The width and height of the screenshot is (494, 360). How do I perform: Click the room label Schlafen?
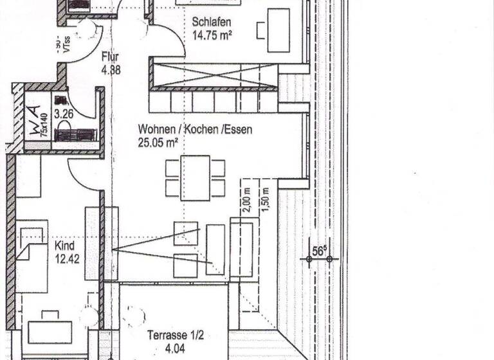coord(212,22)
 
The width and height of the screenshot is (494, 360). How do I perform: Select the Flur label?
coord(110,56)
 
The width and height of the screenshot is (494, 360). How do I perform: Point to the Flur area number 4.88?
coord(111,70)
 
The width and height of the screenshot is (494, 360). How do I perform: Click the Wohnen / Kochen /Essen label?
coord(195,129)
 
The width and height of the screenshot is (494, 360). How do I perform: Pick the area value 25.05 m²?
coord(158,143)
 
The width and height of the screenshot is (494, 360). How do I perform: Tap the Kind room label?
coord(65,246)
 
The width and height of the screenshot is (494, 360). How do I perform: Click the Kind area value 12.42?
coord(67,258)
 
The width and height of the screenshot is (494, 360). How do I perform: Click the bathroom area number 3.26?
coord(64,116)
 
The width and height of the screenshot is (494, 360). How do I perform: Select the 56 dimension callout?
coord(317,251)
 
